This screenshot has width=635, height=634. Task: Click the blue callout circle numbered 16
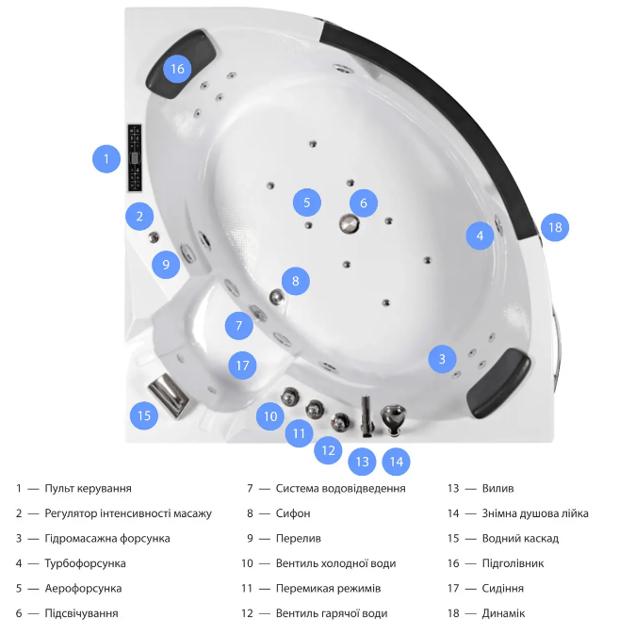coord(177,69)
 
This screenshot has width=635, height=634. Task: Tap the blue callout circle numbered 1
coord(106,158)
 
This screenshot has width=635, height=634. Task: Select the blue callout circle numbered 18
coord(555,227)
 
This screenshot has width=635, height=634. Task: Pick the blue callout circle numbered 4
coord(480,236)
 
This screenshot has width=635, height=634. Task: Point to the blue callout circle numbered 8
coord(296,281)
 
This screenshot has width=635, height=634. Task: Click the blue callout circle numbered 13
coord(362,462)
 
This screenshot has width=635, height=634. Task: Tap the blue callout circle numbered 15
coord(144,415)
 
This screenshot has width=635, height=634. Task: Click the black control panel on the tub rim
coord(135,158)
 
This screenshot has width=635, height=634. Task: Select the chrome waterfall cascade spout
coord(168,395)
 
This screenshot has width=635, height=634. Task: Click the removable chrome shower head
coord(393,419)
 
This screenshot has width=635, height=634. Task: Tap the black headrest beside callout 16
coord(181,64)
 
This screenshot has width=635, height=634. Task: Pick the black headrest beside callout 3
coord(499,383)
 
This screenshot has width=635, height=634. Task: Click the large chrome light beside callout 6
coord(350,223)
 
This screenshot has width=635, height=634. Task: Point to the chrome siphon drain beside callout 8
coord(277,297)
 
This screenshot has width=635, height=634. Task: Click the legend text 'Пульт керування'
coord(88,488)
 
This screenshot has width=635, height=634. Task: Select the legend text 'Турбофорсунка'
coord(85,563)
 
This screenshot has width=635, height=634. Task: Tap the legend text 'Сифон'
coord(293,513)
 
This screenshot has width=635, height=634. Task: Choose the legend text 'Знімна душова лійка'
coord(535,513)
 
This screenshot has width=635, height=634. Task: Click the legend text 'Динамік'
coord(503,613)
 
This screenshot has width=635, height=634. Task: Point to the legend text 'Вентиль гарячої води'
coord(332,613)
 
